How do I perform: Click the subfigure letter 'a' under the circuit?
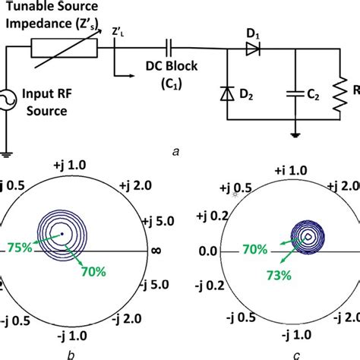[x=176, y=151]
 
